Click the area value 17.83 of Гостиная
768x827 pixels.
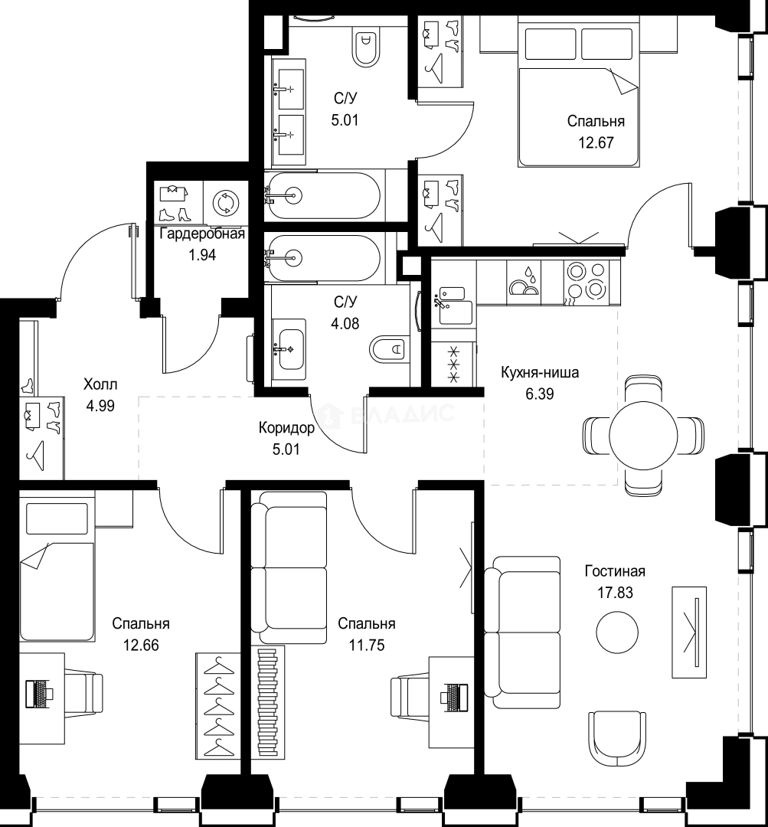pos(615,593)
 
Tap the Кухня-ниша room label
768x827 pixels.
pos(540,372)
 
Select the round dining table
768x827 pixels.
pos(643,435)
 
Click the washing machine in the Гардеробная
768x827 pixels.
pos(226,202)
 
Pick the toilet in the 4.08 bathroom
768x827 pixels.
pos(389,348)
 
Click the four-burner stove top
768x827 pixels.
pos(586,282)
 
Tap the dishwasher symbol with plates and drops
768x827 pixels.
pos(523,282)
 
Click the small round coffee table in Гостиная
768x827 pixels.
pos(617,632)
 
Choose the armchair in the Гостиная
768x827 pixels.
pos(617,739)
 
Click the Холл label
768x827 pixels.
pos(100,384)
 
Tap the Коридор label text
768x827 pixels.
pos(287,428)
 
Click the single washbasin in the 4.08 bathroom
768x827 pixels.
pos(289,349)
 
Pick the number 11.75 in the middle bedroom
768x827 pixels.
pos(367,645)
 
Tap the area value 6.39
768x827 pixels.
pos(540,394)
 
